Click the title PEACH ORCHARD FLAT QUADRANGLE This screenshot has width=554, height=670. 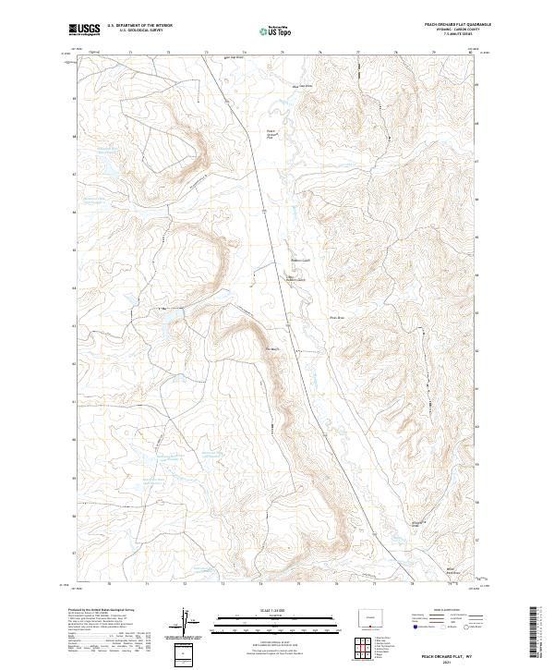point(458,24)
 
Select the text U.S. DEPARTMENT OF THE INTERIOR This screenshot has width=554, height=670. point(139,26)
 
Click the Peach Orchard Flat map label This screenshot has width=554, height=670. point(271,134)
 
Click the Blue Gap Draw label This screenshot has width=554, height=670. point(302,86)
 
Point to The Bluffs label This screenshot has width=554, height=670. point(271,348)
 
